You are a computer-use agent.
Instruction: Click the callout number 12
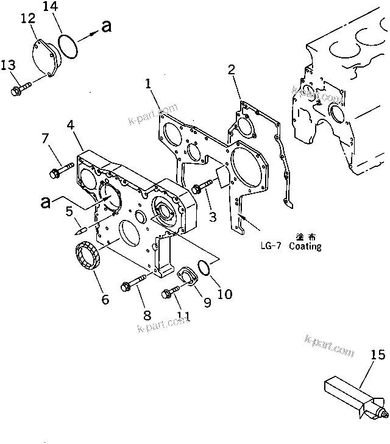[29, 19]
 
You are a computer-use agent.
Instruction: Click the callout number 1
[148, 83]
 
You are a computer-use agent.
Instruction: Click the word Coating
[305, 247]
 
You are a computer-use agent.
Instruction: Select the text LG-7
[271, 247]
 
